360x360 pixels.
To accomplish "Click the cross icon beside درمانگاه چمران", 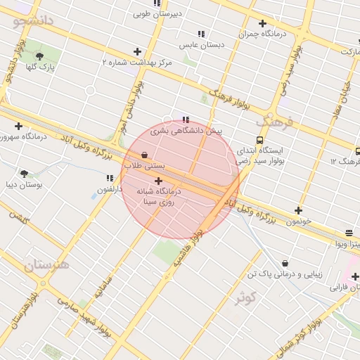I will [x=262, y=23].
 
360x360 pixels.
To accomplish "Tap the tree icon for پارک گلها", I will [x=39, y=56].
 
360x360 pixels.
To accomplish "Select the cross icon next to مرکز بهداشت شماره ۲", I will [x=137, y=51].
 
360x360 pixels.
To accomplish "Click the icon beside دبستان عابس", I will [x=201, y=34].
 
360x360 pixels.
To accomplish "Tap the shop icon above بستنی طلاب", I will [x=144, y=155].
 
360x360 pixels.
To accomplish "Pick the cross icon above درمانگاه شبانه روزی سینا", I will [x=158, y=181].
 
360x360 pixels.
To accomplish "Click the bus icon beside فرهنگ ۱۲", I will [x=358, y=150].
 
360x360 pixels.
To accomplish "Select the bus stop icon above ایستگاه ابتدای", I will [x=260, y=140].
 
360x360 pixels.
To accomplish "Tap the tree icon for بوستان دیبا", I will [x=25, y=173].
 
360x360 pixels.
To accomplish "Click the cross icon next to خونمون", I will [x=298, y=210].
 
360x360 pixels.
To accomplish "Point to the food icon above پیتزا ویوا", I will [x=349, y=233].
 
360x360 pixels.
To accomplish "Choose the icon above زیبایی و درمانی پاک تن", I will [x=285, y=263].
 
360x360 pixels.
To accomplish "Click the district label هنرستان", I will [x=46, y=265].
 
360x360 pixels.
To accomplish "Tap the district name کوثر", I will [x=245, y=298].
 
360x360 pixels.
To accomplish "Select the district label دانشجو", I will [x=32, y=20].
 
